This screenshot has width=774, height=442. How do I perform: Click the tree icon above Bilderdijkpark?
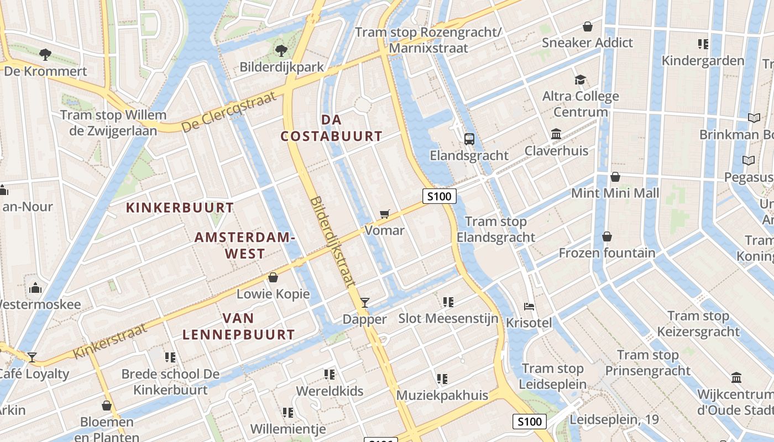281,51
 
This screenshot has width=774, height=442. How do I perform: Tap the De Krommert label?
45,71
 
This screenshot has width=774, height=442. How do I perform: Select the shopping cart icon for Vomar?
385,214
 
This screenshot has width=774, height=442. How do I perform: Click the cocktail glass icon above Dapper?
364,302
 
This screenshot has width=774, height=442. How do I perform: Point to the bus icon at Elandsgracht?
469,139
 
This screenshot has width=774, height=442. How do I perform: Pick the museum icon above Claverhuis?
556,134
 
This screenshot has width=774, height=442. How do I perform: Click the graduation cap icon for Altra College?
579,80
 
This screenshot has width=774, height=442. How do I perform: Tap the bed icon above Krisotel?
529,306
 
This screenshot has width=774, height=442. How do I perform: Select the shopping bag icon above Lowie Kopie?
273,277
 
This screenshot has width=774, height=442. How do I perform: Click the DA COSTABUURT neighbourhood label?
331,128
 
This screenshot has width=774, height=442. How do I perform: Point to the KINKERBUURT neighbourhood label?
180,208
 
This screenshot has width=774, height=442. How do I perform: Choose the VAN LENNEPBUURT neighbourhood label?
239,326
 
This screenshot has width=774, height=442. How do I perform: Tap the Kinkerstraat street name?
111,340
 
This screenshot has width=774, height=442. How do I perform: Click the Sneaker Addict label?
587,43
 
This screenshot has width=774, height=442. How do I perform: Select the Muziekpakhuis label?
442,395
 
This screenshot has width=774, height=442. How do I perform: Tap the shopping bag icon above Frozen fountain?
607,236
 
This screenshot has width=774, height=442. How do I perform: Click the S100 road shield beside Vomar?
440,196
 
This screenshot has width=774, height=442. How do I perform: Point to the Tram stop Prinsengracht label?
648,362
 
